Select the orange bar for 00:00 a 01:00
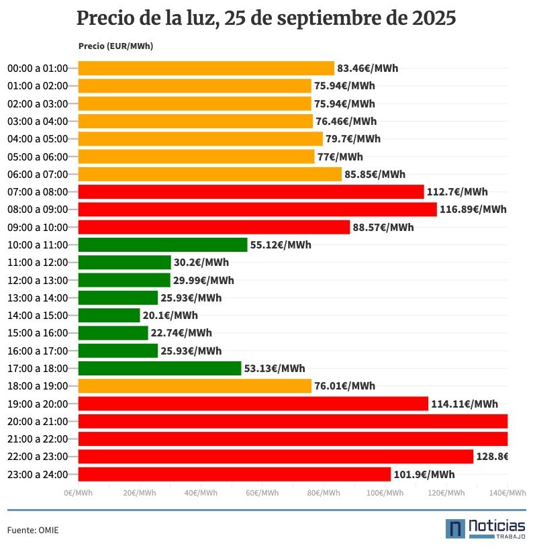[206, 68]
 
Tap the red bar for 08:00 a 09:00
[257, 210]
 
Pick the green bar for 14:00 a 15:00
[109, 315]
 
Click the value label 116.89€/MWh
[473, 210]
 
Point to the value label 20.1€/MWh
[170, 315]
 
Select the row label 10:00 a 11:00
[38, 245]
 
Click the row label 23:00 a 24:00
[38, 474]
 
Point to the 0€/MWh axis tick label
[78, 493]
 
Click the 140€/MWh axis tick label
[507, 493]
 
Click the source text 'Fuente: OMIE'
[33, 530]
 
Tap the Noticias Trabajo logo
[485, 529]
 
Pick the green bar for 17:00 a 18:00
[160, 368]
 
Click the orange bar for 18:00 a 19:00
[195, 385]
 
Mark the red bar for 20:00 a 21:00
[293, 421]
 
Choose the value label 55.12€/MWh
[281, 245]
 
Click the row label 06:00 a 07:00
[38, 175]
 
